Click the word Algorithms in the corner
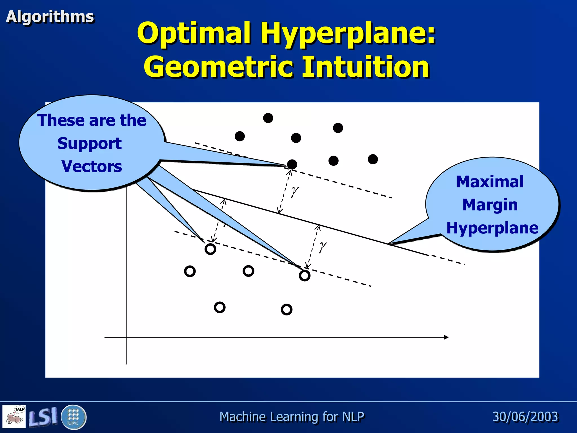(50, 16)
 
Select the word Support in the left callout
(89, 143)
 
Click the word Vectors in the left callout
(92, 166)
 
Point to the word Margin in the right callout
(490, 205)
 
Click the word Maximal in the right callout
(490, 182)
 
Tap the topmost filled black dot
(268, 118)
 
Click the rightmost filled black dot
(373, 159)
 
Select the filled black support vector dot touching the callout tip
(292, 164)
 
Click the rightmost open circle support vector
(305, 275)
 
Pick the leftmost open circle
(190, 271)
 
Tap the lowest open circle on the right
(287, 310)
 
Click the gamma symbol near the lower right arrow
(322, 247)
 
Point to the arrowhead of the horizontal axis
(446, 337)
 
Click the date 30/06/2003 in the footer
(525, 417)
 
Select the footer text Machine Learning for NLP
(292, 417)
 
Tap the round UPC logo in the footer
(73, 417)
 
